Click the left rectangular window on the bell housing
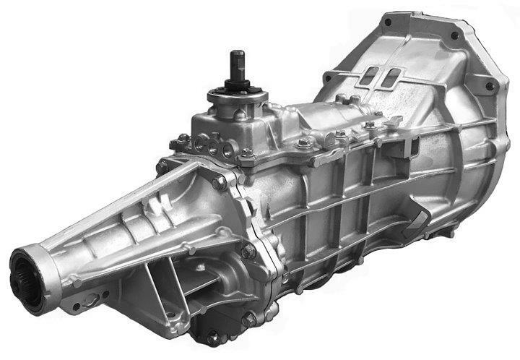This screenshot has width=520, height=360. [x=370, y=75]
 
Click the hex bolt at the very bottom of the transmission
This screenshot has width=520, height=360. [x=213, y=336]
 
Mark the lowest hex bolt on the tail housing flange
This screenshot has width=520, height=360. [x=249, y=318]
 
